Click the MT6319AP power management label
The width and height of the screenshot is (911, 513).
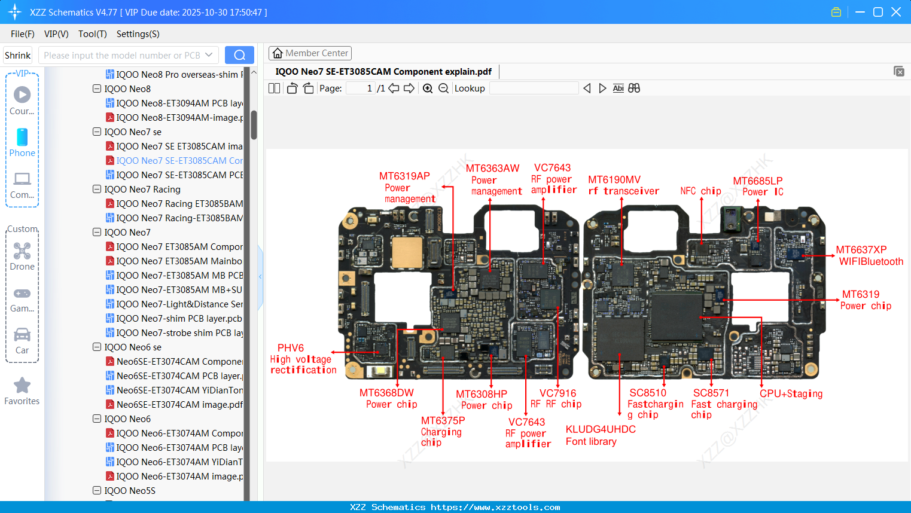(406, 187)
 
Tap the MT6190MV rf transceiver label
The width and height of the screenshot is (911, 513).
(623, 185)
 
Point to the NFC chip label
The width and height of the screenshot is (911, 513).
(700, 191)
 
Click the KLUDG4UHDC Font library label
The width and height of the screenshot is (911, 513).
(600, 435)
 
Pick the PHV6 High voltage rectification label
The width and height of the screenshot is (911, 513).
(303, 359)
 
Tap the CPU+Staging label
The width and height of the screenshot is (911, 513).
(791, 393)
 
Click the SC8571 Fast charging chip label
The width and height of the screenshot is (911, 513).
(723, 404)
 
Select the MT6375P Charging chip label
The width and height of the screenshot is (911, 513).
(442, 431)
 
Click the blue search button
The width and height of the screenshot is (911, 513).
(239, 55)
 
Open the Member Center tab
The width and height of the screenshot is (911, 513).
(310, 53)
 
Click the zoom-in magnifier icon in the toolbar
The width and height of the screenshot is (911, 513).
(428, 88)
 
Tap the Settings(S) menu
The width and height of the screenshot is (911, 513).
(138, 34)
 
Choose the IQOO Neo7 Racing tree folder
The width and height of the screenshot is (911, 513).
(142, 190)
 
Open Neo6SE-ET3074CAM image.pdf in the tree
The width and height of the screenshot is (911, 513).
(179, 405)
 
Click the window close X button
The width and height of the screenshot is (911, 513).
(895, 12)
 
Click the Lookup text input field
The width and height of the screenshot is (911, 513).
(534, 88)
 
